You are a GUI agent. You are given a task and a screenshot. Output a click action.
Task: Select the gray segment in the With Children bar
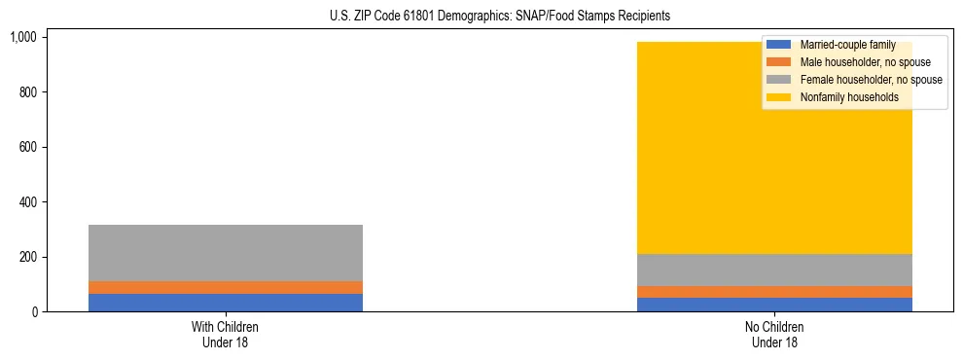226,253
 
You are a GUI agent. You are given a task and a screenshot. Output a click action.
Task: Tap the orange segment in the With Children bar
226,287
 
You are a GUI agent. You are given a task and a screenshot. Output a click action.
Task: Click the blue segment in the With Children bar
226,303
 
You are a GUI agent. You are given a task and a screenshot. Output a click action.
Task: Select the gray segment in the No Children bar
774,270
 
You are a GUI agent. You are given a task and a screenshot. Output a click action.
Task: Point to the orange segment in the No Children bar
774,292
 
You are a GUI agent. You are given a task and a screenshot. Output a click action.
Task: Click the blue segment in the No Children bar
774,305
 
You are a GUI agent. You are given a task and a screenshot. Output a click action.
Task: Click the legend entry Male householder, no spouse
852,62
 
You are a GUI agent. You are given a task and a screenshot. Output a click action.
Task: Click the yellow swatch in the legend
779,97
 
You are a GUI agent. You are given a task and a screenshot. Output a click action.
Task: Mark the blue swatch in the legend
779,45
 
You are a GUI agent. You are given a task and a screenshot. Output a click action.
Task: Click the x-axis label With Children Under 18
226,334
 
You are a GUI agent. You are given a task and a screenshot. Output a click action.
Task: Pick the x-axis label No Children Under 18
774,334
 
